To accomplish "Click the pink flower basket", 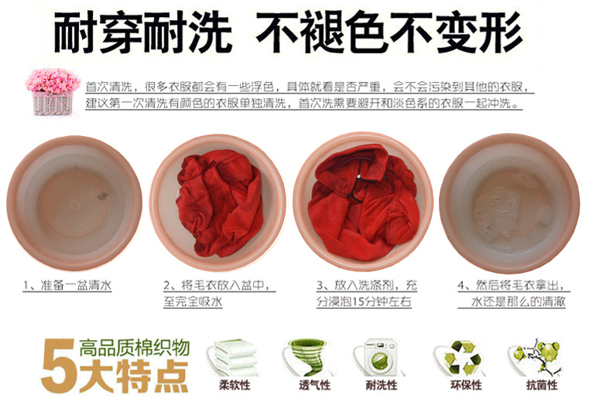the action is tap(53, 91).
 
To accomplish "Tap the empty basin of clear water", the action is tap(74, 203).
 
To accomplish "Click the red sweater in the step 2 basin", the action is tap(221, 203).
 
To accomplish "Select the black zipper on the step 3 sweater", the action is tap(355, 183).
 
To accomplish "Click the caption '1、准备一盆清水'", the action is tap(67, 285).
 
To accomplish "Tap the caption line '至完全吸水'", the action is tap(193, 301).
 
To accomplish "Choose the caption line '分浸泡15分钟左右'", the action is tap(364, 301).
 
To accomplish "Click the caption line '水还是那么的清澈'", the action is tap(518, 301).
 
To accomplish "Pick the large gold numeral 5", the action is tap(58, 366).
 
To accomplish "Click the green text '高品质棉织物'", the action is tap(135, 347).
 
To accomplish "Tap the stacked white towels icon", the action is tap(234, 357).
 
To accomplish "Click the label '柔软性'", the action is tap(234, 385).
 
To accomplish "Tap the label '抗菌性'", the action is tap(542, 385).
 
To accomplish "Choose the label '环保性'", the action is tap(466, 385).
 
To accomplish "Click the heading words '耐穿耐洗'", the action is tap(143, 32).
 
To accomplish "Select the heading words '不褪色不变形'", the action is tap(389, 32).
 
